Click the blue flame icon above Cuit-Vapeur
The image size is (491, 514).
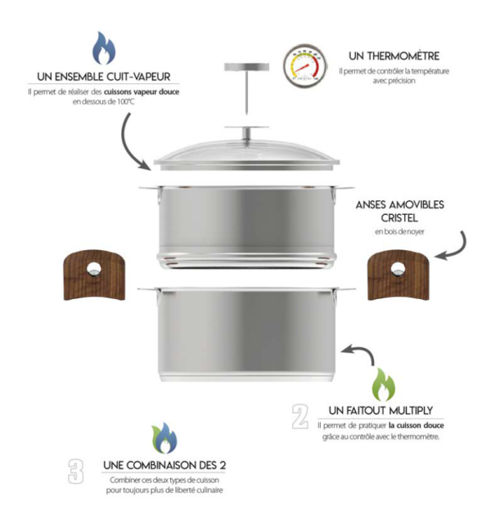coord(104,48)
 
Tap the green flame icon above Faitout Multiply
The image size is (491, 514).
coord(383,385)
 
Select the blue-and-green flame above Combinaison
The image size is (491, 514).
coord(164,438)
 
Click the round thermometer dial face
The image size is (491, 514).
coord(305,65)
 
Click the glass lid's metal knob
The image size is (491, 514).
coord(247,132)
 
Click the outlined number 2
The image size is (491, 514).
coord(300,416)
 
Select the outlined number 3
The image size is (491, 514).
coord(76,471)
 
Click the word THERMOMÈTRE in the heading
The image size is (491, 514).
coord(403,56)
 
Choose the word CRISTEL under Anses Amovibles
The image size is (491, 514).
coord(399,217)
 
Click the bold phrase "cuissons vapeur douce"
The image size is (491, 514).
coord(142,92)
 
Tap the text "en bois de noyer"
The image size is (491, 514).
coord(399,232)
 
